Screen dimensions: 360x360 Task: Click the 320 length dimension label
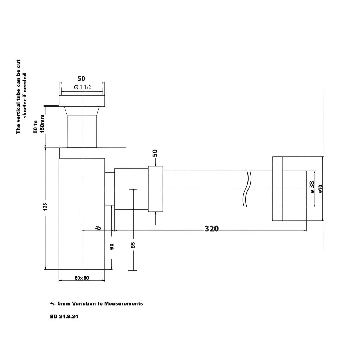(x=211, y=229)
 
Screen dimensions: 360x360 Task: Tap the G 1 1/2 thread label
(x=82, y=87)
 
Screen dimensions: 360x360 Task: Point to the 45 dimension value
(x=98, y=228)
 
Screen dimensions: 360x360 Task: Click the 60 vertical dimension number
(x=112, y=246)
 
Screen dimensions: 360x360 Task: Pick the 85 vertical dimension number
(x=133, y=245)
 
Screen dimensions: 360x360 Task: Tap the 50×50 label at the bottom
(x=82, y=278)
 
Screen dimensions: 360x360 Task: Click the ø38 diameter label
(x=312, y=187)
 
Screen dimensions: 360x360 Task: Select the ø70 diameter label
(x=321, y=188)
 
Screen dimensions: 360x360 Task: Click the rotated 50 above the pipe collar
(x=155, y=153)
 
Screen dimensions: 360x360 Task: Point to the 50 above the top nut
(x=81, y=78)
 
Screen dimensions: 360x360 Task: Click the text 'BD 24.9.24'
(x=64, y=316)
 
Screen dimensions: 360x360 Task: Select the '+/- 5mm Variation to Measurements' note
(x=96, y=303)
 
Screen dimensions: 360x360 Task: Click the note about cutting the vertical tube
(x=21, y=97)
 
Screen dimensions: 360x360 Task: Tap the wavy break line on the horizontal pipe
(x=247, y=189)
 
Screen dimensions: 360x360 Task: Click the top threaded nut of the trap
(x=82, y=101)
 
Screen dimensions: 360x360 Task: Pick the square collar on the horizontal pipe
(x=155, y=189)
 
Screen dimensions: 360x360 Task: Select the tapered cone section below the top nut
(x=82, y=111)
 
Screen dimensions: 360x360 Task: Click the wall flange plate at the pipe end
(x=277, y=189)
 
